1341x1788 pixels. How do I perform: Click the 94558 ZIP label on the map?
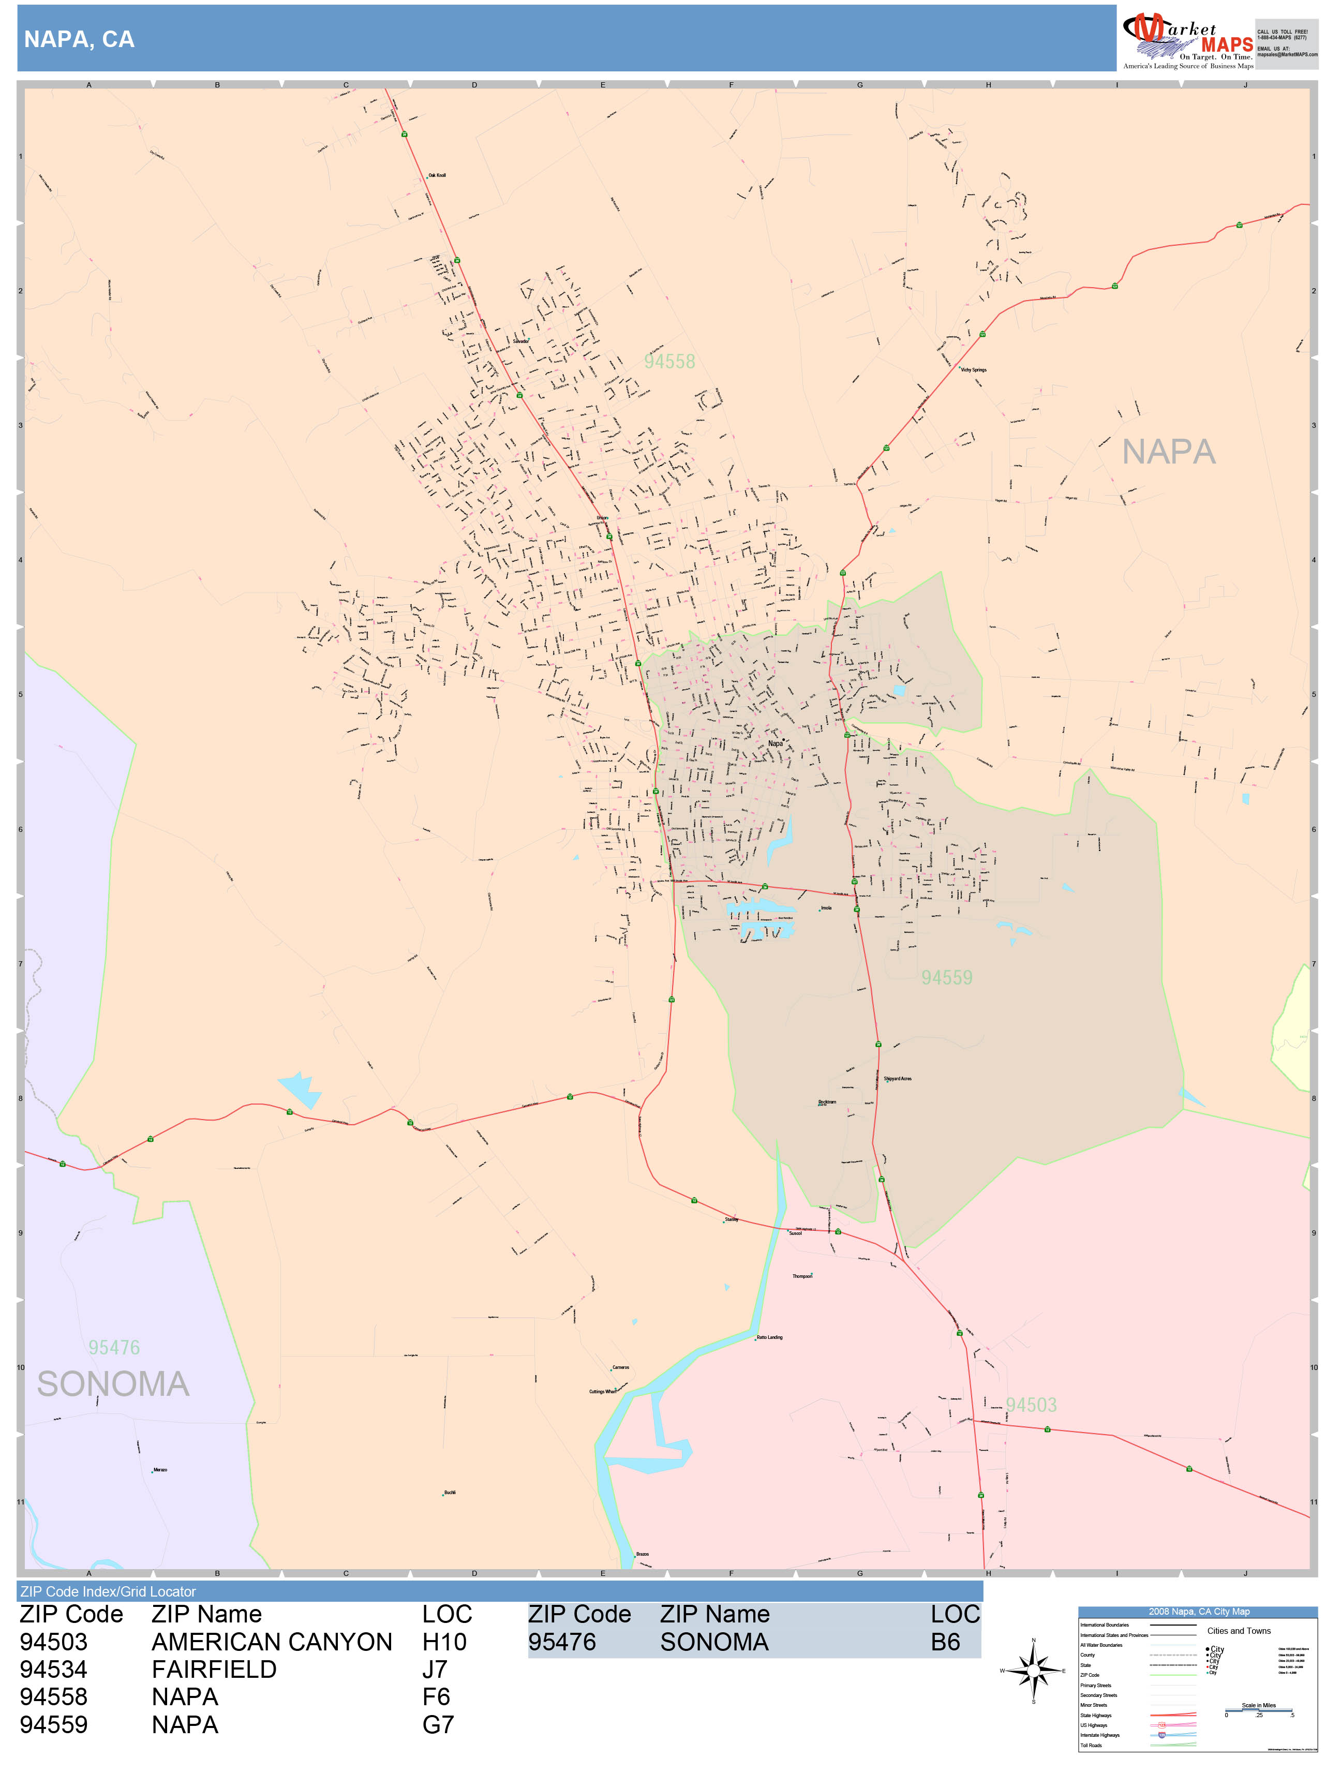[x=669, y=361]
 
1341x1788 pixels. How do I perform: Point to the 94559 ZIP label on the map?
[x=947, y=978]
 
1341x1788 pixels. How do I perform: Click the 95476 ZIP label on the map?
[x=114, y=1347]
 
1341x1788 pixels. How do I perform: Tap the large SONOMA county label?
[x=113, y=1384]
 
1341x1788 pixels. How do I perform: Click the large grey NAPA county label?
[x=1168, y=452]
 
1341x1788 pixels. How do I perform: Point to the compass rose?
[x=1033, y=1670]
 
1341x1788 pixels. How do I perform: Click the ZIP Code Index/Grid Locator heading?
[x=108, y=1591]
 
